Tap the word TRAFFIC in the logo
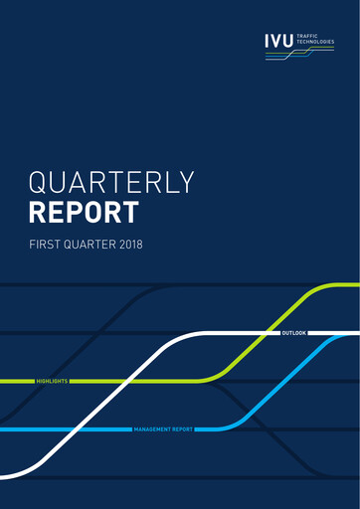pos(309,36)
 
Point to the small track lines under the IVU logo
pos(298,55)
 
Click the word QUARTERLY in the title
pos(111,183)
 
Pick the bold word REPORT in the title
pos(85,213)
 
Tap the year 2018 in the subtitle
pos(143,244)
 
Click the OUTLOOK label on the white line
pos(294,332)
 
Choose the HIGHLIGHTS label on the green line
pos(52,381)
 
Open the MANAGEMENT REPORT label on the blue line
pos(163,429)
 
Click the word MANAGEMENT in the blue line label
pos(151,429)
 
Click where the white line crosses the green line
pos(127,381)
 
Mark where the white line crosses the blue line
pos(76,429)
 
